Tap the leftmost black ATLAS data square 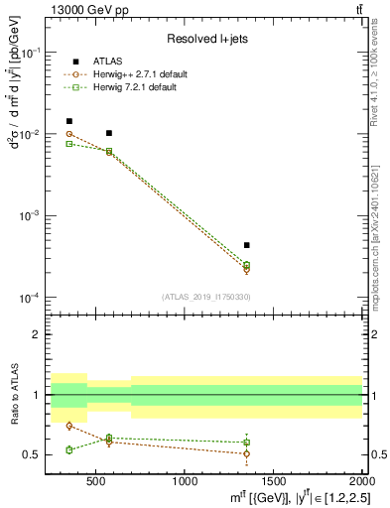point(68,121)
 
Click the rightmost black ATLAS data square point(246,244)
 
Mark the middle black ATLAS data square point(109,133)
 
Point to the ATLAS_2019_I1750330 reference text point(206,297)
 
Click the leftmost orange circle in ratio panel point(68,426)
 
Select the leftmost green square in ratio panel point(68,449)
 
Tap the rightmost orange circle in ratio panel point(246,453)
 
